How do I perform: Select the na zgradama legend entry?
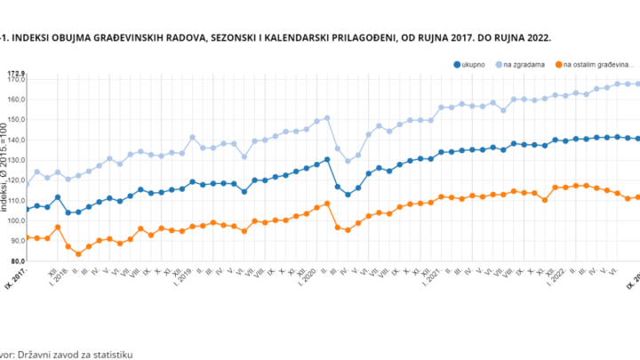coord(524,65)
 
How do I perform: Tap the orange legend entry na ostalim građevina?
coord(594,65)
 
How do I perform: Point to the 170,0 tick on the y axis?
coord(16,80)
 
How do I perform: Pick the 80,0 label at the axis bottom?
coord(16,261)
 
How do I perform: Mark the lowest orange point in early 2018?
coord(78,254)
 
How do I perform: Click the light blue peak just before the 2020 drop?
coord(327,117)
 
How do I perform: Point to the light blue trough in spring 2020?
coord(348,160)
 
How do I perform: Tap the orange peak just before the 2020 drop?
coord(327,204)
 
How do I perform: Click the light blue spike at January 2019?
coord(192,138)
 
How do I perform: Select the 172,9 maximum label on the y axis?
coord(16,73)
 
